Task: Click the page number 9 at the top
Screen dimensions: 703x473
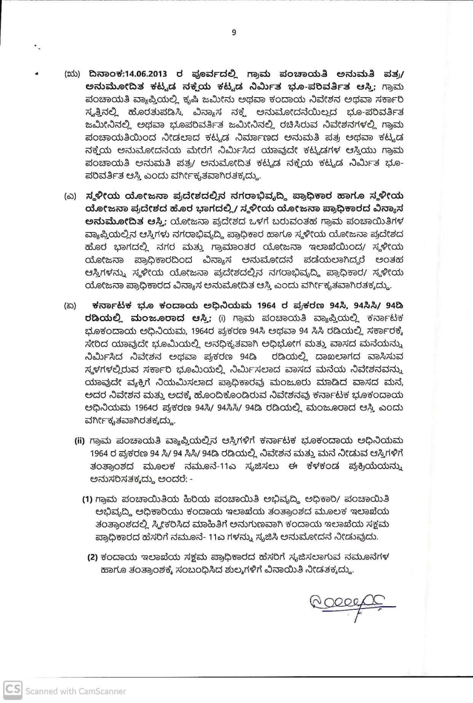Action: coord(234,32)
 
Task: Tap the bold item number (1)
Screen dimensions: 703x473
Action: coord(87,499)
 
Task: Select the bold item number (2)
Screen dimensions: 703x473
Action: coord(92,557)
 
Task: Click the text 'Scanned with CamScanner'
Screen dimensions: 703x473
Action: coord(76,691)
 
